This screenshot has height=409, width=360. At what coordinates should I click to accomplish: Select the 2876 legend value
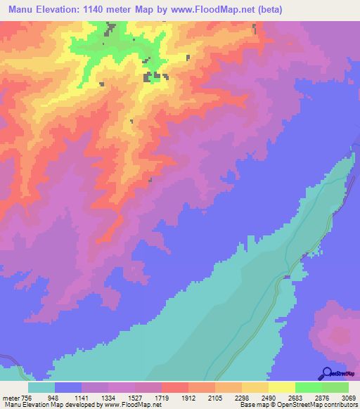tap(314, 397)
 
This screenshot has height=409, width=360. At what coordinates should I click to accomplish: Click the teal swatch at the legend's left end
tap(41, 387)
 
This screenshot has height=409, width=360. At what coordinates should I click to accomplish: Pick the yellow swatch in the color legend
tap(281, 387)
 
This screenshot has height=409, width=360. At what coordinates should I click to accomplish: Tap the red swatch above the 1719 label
tap(174, 387)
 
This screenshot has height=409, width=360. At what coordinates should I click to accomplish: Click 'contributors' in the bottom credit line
tap(342, 405)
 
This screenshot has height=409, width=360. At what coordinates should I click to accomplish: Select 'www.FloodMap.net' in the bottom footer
tap(132, 405)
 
